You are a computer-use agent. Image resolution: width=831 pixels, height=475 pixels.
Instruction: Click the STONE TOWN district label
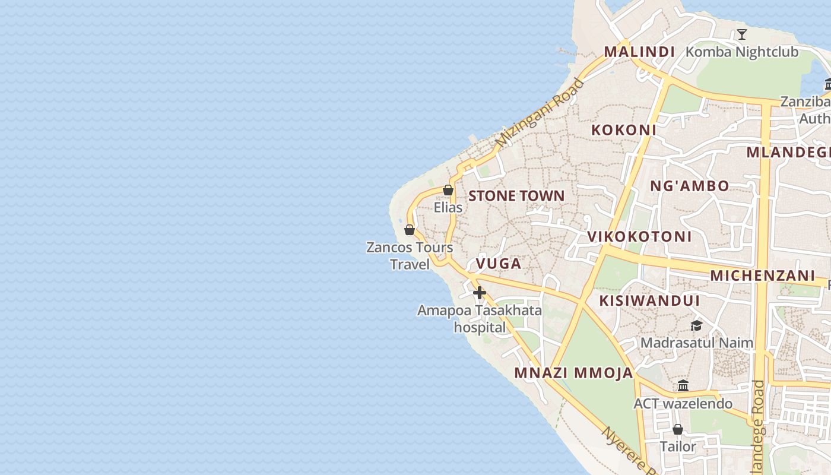[x=516, y=196]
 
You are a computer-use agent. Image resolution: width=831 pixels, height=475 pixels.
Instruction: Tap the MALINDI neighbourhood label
[x=639, y=52]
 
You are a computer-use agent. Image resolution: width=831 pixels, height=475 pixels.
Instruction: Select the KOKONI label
[x=624, y=130]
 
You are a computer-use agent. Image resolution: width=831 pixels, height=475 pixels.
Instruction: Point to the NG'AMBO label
[x=689, y=186]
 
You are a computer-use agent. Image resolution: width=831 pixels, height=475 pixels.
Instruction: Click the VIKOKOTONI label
[x=639, y=236]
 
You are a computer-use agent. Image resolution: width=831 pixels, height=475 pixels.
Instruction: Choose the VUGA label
[x=498, y=264]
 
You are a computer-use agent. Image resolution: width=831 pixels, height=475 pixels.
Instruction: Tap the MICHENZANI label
[x=762, y=275]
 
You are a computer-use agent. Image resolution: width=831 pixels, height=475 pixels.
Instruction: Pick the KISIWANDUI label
[x=649, y=300]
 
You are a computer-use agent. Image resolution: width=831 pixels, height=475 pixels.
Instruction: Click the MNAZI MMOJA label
[x=573, y=373]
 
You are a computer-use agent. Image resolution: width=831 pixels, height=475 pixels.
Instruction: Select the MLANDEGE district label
[x=788, y=152]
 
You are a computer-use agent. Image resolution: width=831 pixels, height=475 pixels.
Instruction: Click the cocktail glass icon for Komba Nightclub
[x=741, y=34]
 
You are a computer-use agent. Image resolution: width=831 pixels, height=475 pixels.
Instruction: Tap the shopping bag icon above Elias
[x=448, y=190]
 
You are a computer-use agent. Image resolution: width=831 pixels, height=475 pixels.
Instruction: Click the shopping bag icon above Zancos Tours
[x=410, y=230]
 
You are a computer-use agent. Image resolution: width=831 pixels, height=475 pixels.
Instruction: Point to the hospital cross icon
[x=480, y=293]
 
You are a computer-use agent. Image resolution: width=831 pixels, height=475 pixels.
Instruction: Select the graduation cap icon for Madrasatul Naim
[x=696, y=325]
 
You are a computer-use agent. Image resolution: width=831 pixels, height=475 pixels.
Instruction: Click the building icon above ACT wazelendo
[x=683, y=386]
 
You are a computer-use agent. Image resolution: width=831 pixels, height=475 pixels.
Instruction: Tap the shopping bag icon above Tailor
[x=677, y=429]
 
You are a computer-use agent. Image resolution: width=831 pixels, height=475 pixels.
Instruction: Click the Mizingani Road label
[x=540, y=113]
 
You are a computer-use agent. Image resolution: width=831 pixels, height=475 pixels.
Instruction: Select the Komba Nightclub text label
[x=742, y=52]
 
